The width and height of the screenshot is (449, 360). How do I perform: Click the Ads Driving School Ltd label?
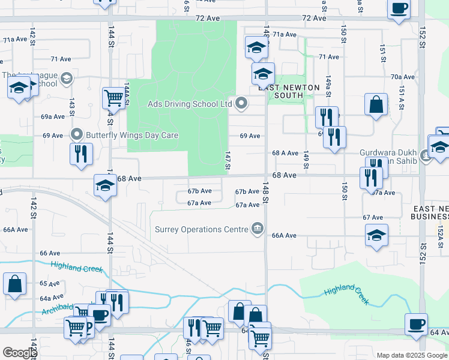click(190, 104)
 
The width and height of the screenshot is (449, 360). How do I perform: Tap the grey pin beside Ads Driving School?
click(242, 104)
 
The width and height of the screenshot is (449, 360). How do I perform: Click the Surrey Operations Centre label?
click(201, 229)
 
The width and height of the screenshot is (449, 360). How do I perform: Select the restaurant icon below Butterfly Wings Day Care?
click(79, 153)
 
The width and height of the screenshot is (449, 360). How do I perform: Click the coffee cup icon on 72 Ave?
click(399, 9)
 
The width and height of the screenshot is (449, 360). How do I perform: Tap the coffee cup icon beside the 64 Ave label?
click(416, 324)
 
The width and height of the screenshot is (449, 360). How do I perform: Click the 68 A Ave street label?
click(285, 153)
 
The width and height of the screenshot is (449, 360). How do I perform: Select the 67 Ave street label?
click(373, 217)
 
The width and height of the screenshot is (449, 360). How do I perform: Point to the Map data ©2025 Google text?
click(412, 355)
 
